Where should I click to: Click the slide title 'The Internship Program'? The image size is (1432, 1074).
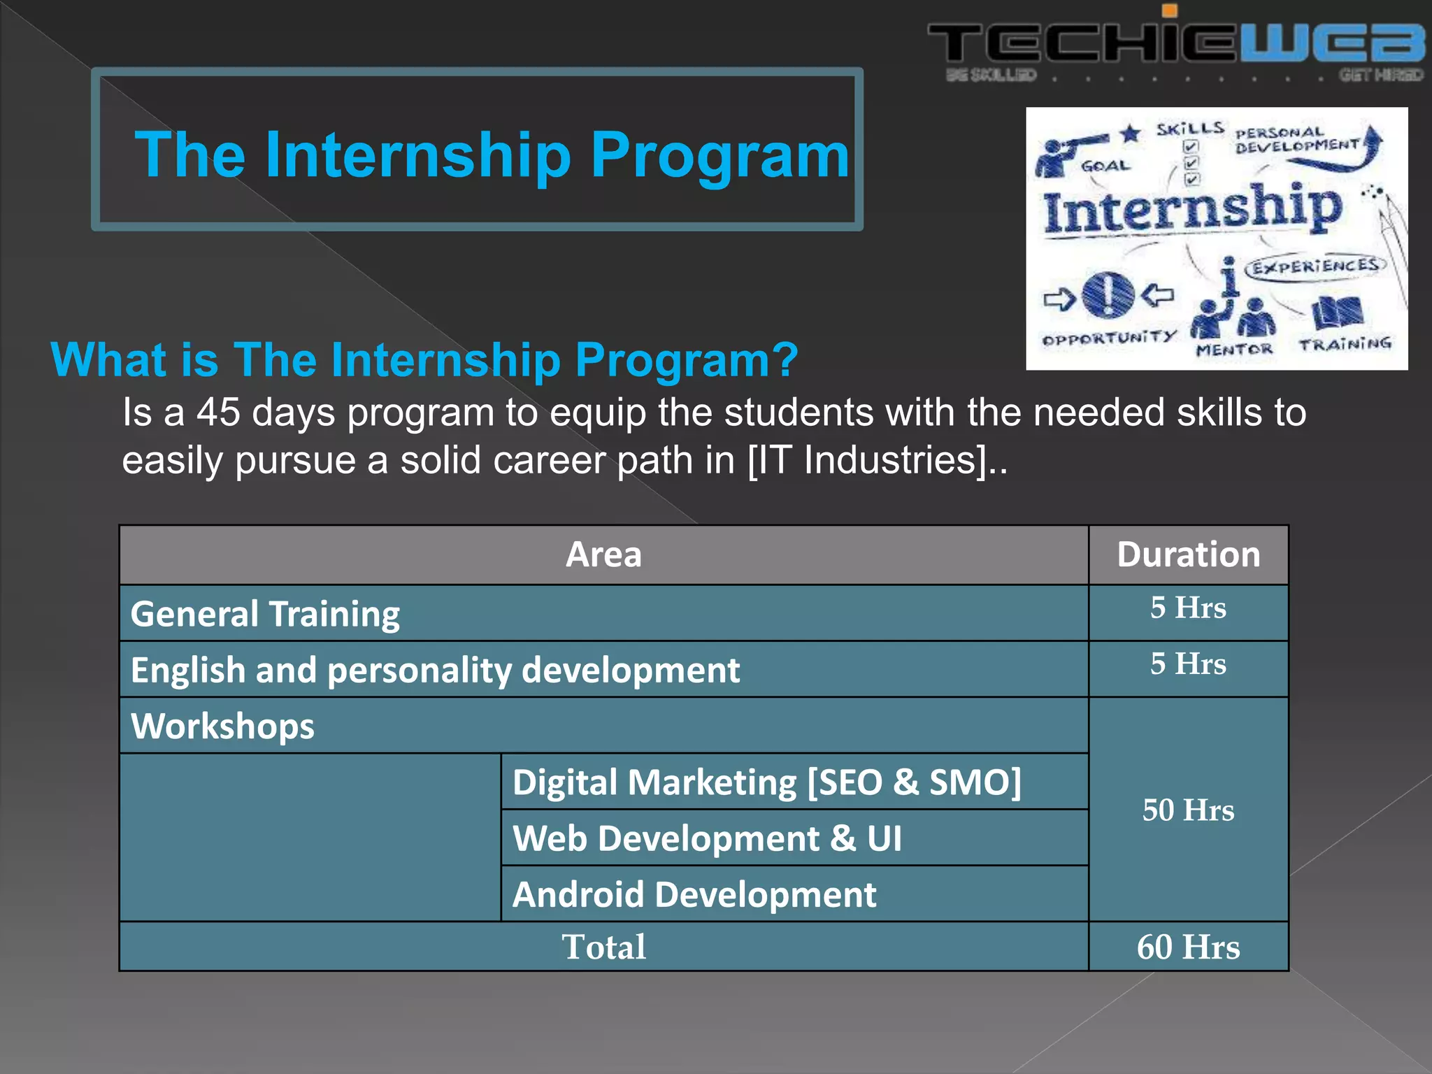click(492, 155)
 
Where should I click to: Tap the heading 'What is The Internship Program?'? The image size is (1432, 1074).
click(424, 360)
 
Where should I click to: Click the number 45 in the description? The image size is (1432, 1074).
click(217, 412)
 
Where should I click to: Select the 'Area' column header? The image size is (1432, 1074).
click(603, 555)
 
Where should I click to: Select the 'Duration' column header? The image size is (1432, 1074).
click(1188, 555)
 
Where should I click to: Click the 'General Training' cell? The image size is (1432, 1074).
click(266, 614)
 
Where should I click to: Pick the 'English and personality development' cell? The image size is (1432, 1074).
click(435, 670)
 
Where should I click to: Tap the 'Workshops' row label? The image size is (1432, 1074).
click(222, 726)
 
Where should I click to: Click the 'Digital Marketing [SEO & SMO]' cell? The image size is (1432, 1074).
click(766, 782)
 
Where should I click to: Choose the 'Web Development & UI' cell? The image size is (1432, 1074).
click(707, 838)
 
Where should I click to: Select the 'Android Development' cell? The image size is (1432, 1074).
click(694, 894)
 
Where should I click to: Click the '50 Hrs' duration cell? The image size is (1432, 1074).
click(1188, 810)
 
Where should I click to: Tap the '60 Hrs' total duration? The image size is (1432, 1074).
click(1188, 947)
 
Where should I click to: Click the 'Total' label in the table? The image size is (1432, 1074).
click(603, 947)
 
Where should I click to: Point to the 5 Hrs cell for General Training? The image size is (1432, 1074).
click(1188, 608)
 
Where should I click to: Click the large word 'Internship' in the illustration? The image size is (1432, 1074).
click(1192, 210)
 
